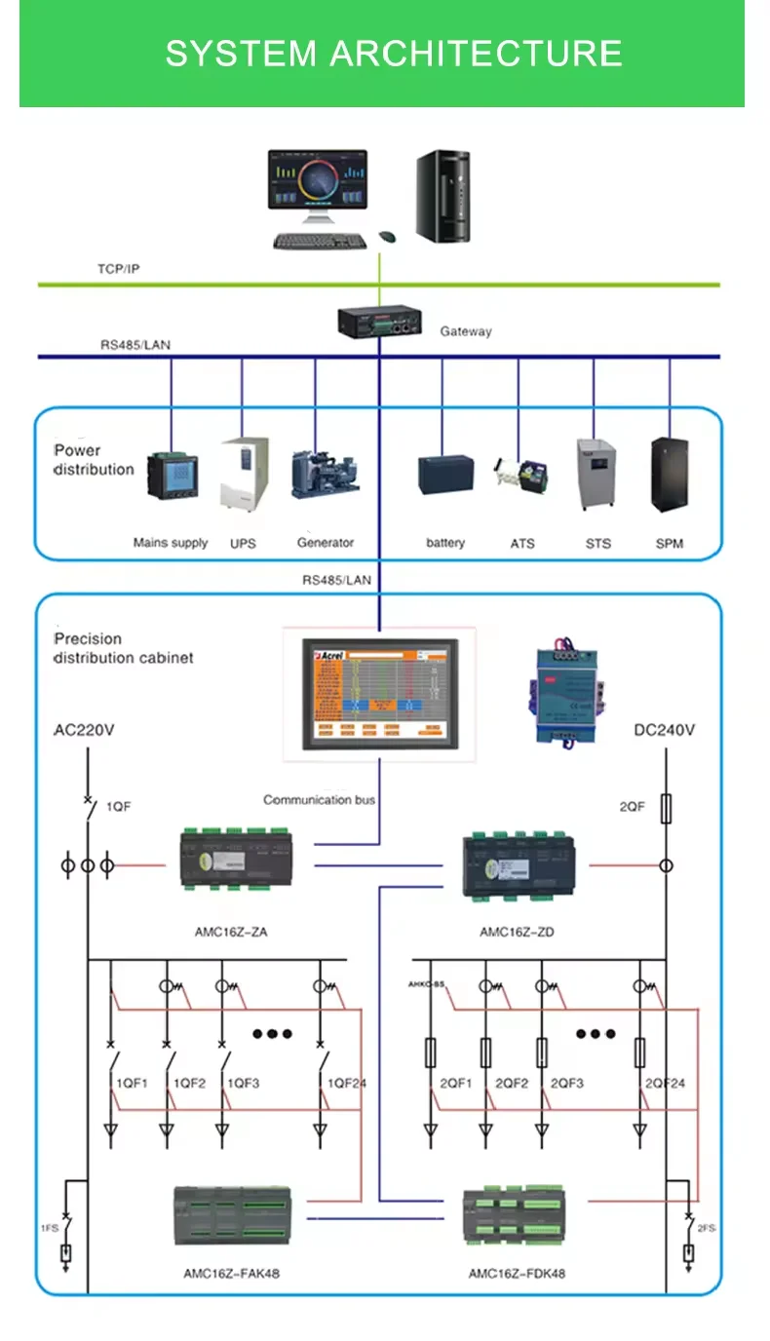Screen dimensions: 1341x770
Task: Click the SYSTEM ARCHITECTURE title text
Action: point(393,53)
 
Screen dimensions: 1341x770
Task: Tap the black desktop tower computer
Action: point(443,196)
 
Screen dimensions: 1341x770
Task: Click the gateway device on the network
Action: point(380,321)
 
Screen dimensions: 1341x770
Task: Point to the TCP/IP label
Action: point(118,268)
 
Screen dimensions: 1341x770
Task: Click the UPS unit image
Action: point(244,473)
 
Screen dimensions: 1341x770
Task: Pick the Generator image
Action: point(325,475)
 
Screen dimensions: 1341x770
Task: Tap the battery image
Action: point(446,475)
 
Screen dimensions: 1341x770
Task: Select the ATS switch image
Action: point(520,476)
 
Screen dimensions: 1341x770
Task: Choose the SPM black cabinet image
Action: point(669,475)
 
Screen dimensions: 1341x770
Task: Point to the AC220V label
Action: point(84,730)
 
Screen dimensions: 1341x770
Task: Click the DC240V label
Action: point(665,730)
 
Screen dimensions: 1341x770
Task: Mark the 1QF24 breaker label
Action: point(346,1083)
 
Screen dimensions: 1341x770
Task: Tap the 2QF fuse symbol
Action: point(667,808)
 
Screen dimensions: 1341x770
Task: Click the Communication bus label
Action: point(319,800)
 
